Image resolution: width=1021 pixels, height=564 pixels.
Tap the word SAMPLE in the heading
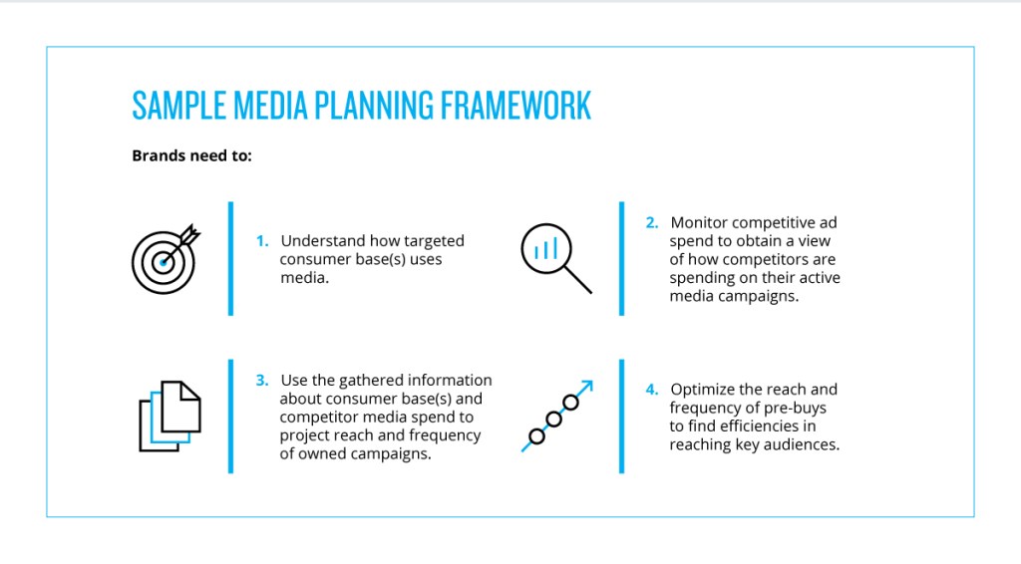click(172, 106)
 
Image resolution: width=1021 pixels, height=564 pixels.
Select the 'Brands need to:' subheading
click(192, 155)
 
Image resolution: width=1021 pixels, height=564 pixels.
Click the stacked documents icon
click(170, 416)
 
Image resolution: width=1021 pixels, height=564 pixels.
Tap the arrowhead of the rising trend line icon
click(588, 384)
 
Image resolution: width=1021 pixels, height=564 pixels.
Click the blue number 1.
click(261, 241)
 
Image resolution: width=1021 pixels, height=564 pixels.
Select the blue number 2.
click(652, 223)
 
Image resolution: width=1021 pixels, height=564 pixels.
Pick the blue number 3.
click(261, 381)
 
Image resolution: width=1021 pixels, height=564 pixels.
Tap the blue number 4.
click(652, 390)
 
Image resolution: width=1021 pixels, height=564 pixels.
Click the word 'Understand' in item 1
click(323, 241)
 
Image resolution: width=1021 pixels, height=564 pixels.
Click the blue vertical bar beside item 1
click(230, 259)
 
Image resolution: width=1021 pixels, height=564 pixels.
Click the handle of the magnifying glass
click(578, 281)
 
